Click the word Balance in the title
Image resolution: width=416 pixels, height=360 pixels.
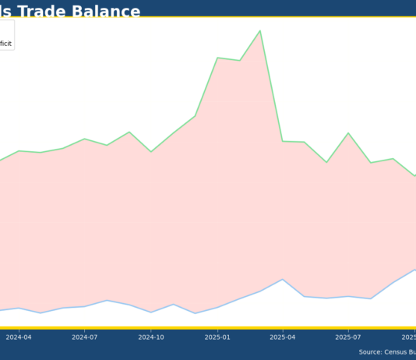(x=105, y=12)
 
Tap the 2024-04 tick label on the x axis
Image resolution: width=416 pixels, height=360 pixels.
(x=19, y=337)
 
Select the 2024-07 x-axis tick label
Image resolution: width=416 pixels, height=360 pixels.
(x=84, y=337)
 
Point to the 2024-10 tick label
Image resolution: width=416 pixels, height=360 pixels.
(x=150, y=337)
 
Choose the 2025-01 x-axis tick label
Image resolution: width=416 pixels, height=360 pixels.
(x=217, y=337)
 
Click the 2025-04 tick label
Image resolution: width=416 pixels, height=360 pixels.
(x=283, y=337)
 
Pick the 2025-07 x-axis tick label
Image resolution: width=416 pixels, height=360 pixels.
(x=348, y=337)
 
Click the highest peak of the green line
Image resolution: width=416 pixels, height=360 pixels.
(x=260, y=31)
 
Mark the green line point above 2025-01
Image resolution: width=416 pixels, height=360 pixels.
(x=217, y=58)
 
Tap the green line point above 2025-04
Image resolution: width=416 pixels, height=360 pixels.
(x=283, y=141)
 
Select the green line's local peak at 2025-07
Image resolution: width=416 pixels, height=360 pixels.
(x=348, y=133)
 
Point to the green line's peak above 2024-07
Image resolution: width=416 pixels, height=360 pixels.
(x=84, y=139)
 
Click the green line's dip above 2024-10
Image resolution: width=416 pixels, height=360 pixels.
(x=150, y=152)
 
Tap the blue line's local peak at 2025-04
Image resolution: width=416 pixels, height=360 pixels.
(x=283, y=279)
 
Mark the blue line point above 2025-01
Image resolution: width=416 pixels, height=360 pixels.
(x=217, y=307)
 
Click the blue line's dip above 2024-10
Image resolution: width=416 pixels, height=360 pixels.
(x=150, y=312)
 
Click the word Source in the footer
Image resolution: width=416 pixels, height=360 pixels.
(x=370, y=352)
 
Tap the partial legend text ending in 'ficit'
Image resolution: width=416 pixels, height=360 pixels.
(x=5, y=44)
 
